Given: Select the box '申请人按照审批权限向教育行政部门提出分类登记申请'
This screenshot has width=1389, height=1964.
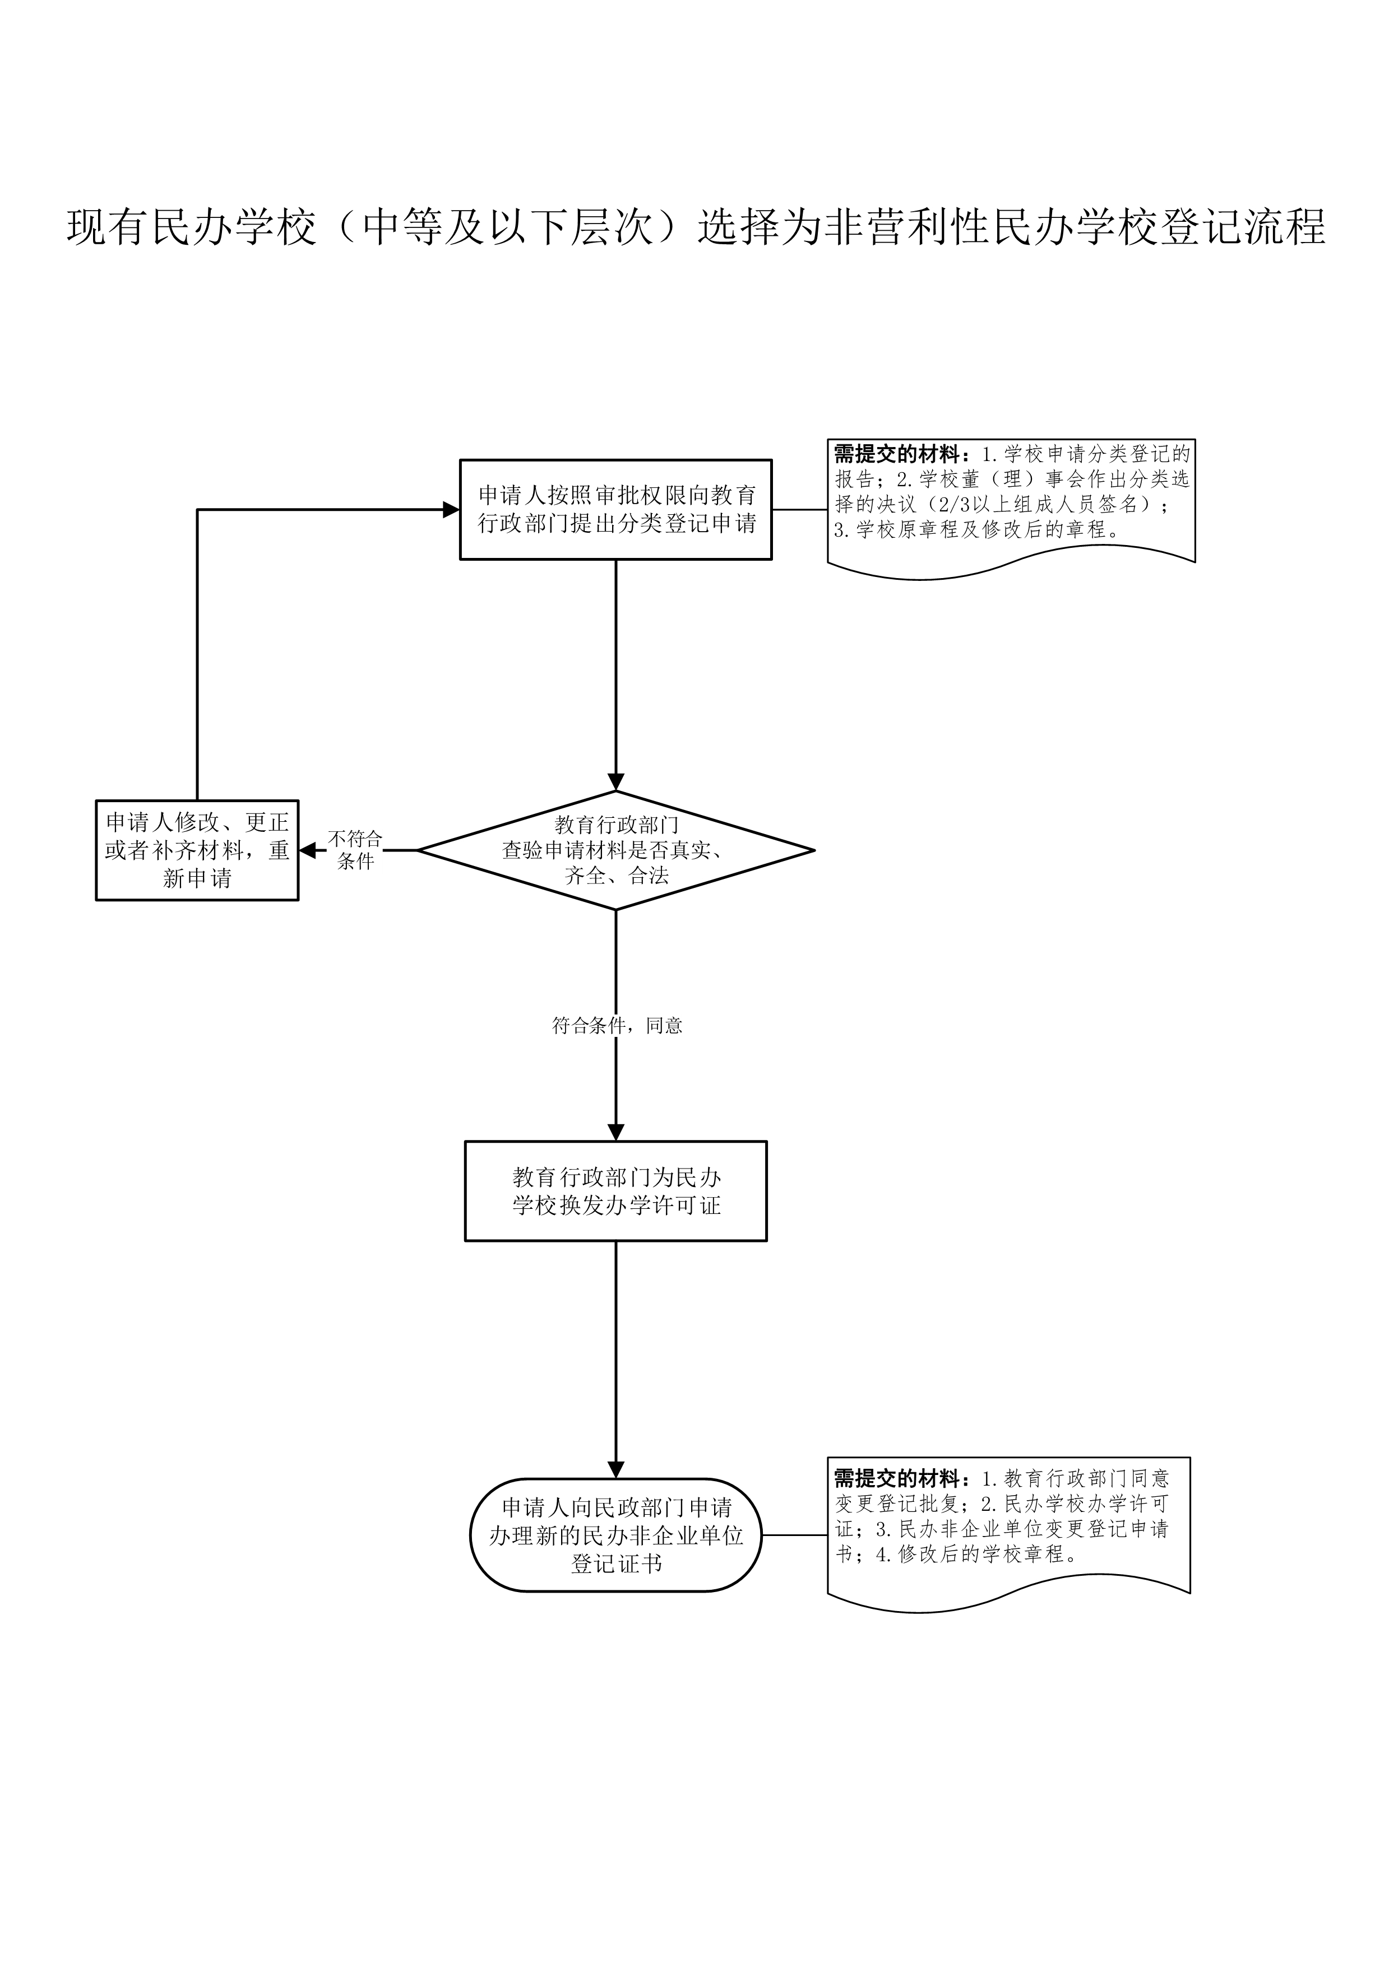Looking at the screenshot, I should [x=615, y=510].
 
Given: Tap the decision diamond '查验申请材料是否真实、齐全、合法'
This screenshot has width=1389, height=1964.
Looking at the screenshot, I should [x=615, y=850].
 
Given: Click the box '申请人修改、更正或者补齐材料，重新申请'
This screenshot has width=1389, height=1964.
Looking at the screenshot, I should [x=197, y=850].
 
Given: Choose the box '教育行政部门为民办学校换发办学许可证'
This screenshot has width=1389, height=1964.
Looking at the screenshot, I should [x=615, y=1191].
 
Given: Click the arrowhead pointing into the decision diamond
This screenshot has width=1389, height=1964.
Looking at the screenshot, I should [x=615, y=782].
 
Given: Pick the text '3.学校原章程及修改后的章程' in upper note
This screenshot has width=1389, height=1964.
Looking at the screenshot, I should [x=976, y=529].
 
